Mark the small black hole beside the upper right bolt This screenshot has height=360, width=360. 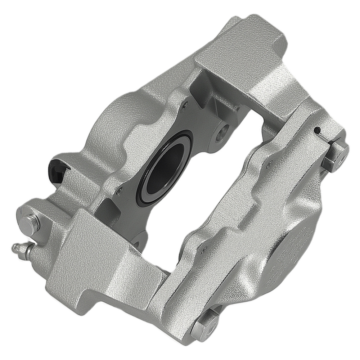[316, 130]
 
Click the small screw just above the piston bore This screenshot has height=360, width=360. [185, 105]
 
